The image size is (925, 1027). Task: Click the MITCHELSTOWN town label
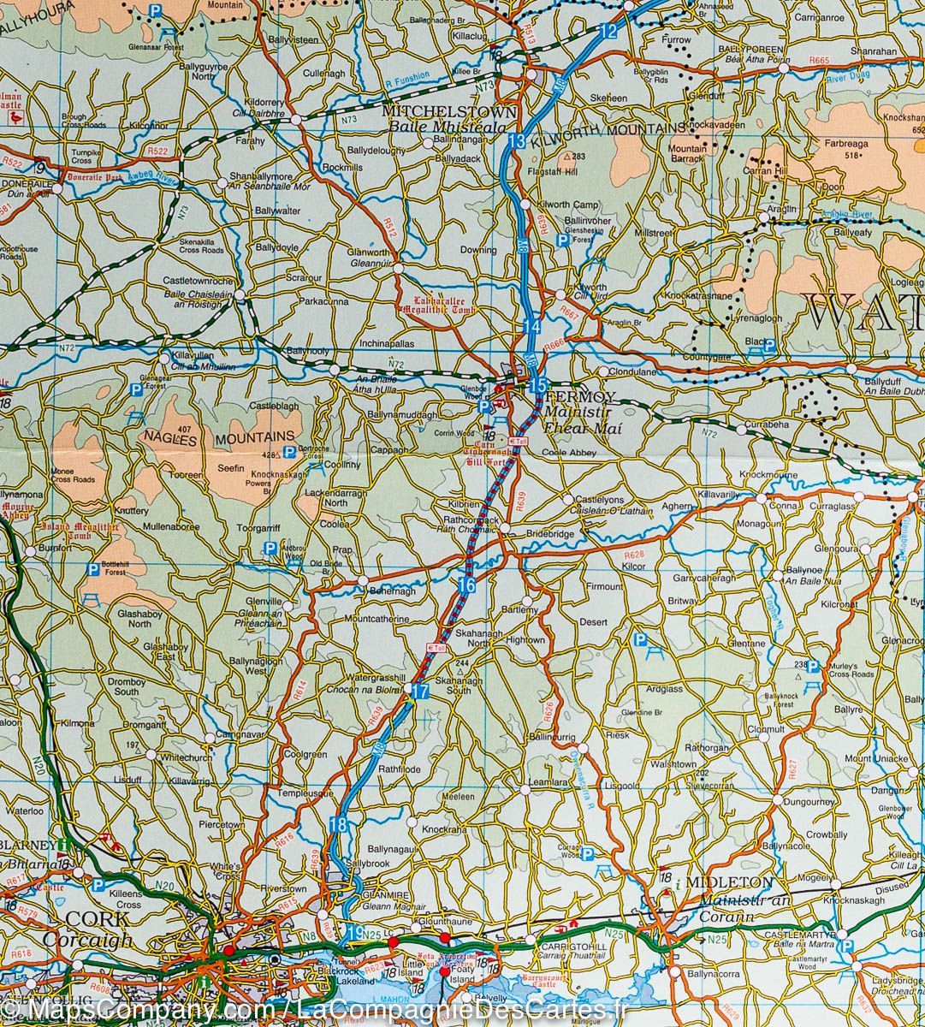coord(448,111)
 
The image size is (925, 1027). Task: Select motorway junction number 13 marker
coord(515,141)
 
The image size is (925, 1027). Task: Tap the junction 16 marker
coord(466,585)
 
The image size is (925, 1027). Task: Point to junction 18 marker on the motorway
coord(338,825)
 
